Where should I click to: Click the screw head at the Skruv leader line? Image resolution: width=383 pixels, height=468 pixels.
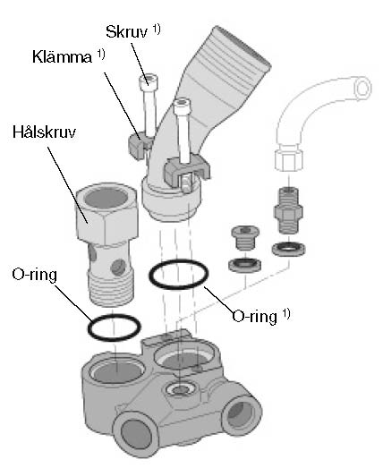pyautogui.click(x=149, y=82)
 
